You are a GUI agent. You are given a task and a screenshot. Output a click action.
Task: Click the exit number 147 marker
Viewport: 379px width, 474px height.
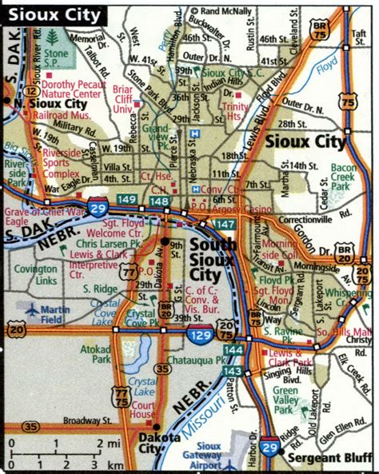pyautogui.click(x=225, y=226)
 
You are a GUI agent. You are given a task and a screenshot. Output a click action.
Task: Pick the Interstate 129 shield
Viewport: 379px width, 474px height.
pyautogui.click(x=200, y=338)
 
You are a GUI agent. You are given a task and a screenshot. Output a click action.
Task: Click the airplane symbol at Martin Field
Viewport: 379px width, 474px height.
pyautogui.click(x=32, y=308)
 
